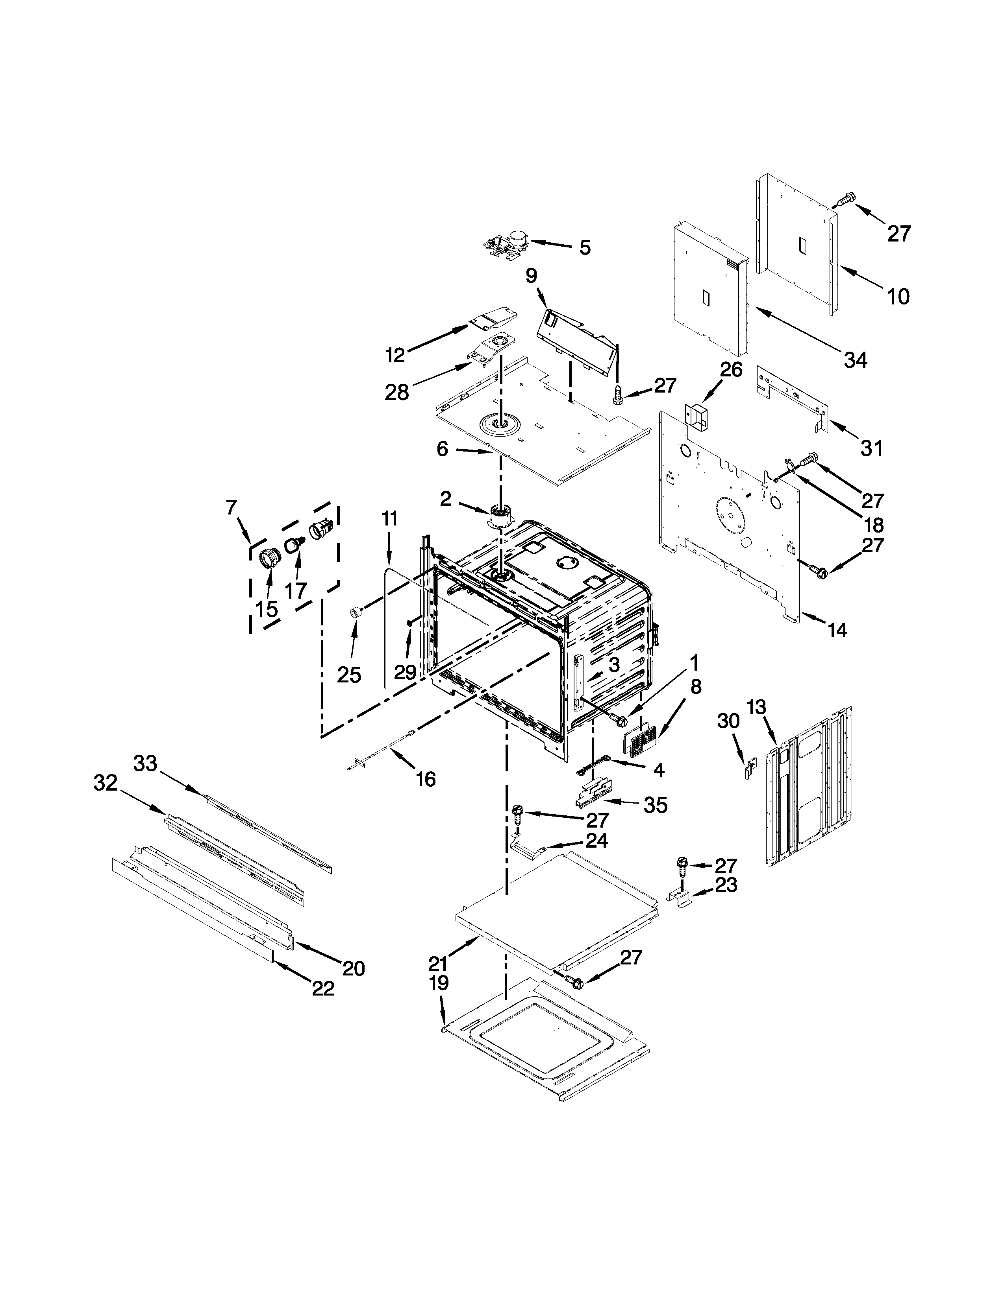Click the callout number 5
click(585, 248)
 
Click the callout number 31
click(872, 448)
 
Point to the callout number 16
click(426, 778)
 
